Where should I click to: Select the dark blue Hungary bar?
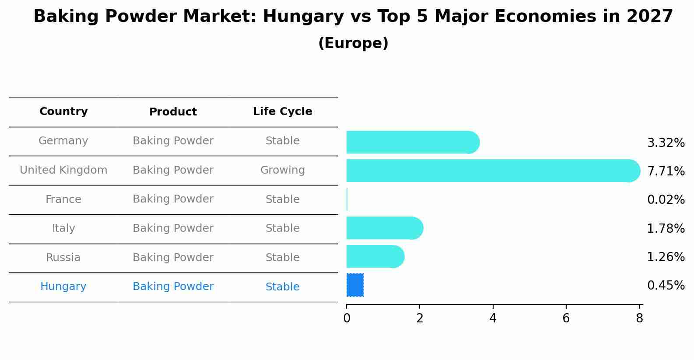[355, 285]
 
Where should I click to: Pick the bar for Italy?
[384, 228]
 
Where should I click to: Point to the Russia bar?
[375, 256]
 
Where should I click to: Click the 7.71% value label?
[666, 171]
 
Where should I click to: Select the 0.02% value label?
[666, 200]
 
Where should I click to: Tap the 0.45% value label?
[666, 286]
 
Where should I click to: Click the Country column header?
[63, 112]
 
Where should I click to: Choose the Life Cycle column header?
[282, 112]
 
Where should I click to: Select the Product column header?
[173, 112]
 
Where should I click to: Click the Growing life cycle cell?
[282, 170]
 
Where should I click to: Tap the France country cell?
[63, 199]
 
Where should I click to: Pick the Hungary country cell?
[63, 287]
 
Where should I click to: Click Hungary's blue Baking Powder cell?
[173, 287]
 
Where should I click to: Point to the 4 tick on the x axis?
[493, 318]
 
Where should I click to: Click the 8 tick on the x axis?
[639, 318]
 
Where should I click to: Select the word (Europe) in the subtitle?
[353, 43]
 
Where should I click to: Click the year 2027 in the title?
[649, 17]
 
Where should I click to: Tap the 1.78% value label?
[666, 228]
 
